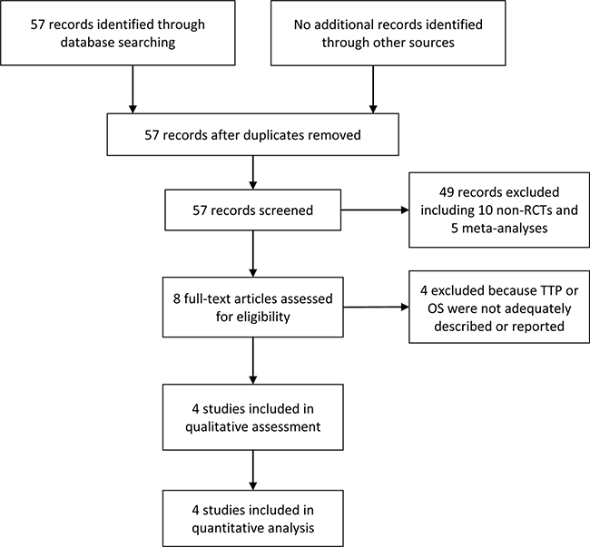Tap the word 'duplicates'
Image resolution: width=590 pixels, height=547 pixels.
click(x=274, y=135)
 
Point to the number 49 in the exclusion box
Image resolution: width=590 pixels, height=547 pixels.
click(x=447, y=192)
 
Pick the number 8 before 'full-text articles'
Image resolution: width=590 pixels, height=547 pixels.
click(x=177, y=298)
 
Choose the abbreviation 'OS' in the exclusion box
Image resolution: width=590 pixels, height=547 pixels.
click(x=436, y=308)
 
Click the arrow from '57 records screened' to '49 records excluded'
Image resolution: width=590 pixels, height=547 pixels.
click(x=375, y=210)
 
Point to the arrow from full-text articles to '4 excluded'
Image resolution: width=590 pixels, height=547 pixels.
click(x=376, y=308)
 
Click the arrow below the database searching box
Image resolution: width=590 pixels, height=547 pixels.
click(x=133, y=89)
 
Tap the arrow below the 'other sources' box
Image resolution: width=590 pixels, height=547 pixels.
click(x=373, y=89)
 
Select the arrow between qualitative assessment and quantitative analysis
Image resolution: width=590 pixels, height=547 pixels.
click(x=253, y=470)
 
